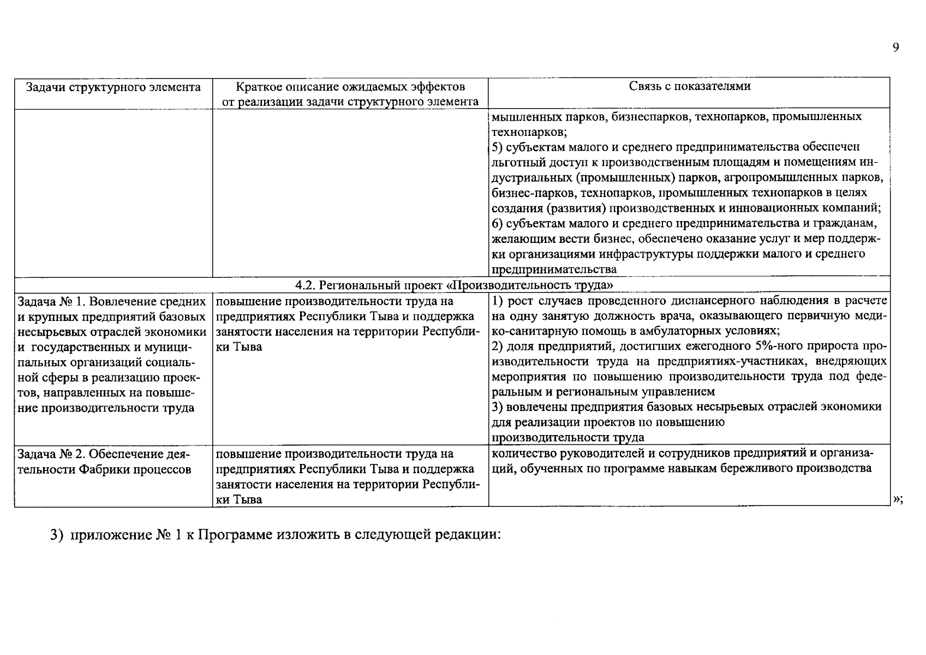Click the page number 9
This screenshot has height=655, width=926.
point(895,48)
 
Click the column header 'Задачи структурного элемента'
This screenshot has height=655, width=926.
point(113,87)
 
